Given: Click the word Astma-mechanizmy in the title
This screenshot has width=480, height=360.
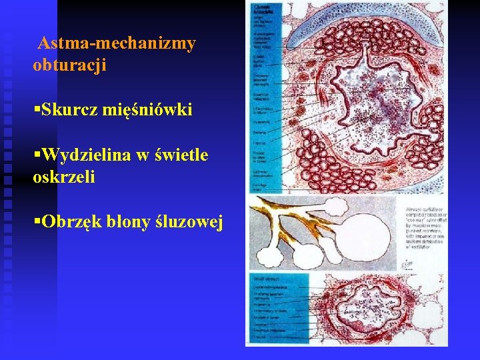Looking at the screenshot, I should [x=117, y=44].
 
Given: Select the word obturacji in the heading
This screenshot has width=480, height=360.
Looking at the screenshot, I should [x=69, y=66].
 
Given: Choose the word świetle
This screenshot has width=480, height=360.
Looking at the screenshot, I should [x=181, y=155].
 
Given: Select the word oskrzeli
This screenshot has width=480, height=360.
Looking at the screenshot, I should [x=63, y=177].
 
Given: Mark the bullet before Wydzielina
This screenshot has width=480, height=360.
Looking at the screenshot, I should [x=36, y=155].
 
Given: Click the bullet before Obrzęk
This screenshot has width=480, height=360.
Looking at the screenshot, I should [x=36, y=221].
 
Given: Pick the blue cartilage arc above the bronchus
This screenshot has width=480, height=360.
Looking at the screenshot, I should [x=347, y=20].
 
